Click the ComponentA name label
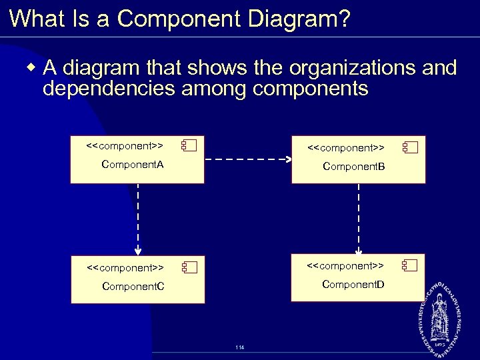(x=132, y=164)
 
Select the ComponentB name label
(x=353, y=166)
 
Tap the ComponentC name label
(x=133, y=287)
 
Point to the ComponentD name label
(x=353, y=285)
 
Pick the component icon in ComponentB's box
(x=409, y=147)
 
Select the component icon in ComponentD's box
(x=409, y=266)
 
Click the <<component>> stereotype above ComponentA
(x=125, y=145)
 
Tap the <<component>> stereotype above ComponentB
(x=345, y=147)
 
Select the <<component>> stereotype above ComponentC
(x=125, y=268)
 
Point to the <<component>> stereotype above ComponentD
(x=345, y=266)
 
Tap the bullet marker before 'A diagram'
(x=31, y=67)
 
